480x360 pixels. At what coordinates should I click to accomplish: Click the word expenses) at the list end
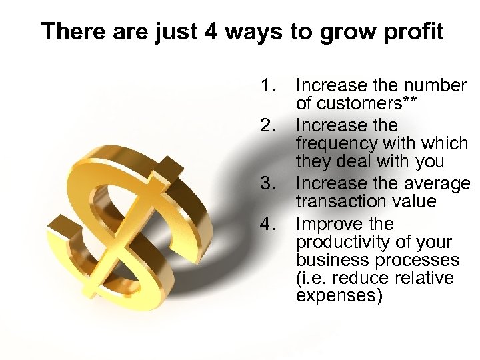(x=339, y=296)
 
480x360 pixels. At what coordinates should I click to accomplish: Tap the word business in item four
(x=326, y=260)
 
